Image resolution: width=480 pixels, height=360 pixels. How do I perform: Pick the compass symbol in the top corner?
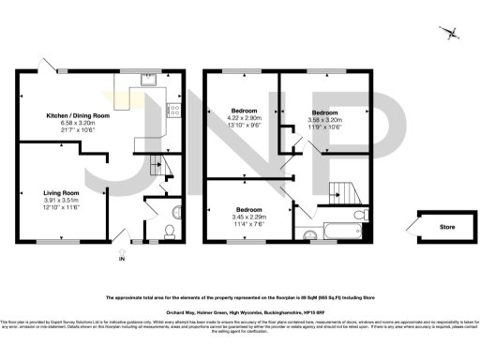454,35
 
